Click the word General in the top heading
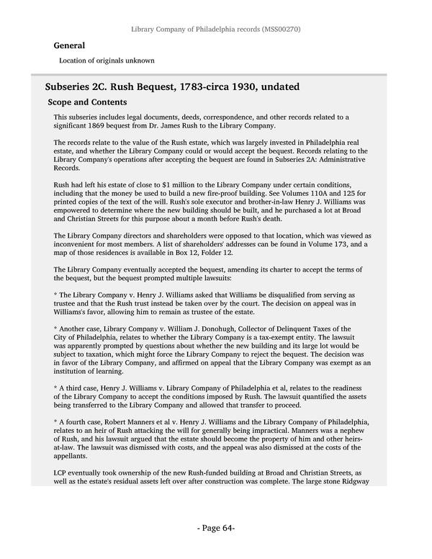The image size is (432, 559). [69, 45]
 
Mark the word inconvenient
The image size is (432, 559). [78, 245]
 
